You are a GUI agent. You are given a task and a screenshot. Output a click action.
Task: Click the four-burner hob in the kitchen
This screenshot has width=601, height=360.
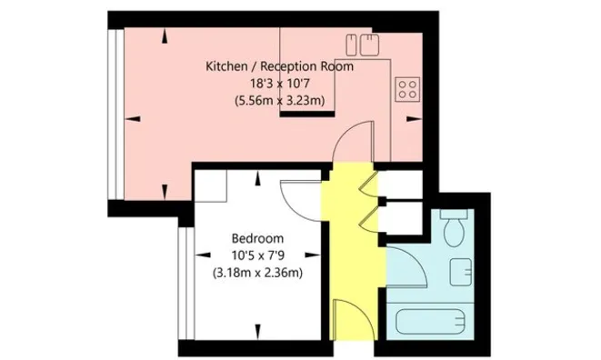tap(407, 89)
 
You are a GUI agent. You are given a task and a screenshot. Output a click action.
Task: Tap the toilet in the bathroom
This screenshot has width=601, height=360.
tap(455, 228)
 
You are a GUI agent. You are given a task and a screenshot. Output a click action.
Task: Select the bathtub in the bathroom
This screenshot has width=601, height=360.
tap(430, 322)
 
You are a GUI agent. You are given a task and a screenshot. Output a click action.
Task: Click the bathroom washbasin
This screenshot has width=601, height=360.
tap(461, 272)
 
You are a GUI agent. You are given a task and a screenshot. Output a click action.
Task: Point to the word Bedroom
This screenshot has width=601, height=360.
tap(257, 238)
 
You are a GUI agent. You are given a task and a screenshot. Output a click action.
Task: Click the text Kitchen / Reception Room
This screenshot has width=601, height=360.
tap(279, 66)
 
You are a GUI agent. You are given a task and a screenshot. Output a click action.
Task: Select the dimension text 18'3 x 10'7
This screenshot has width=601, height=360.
tap(279, 84)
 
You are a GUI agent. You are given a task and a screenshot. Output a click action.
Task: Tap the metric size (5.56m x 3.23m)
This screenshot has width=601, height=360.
tap(279, 100)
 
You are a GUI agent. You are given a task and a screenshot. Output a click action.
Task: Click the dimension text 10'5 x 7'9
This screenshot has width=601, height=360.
tap(257, 255)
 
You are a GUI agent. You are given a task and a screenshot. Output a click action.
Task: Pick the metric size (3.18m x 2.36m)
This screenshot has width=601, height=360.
tap(257, 273)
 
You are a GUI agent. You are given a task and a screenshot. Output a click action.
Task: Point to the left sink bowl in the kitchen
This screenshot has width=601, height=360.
tap(351, 45)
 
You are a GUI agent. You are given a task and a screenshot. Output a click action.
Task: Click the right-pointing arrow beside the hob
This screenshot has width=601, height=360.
tap(414, 119)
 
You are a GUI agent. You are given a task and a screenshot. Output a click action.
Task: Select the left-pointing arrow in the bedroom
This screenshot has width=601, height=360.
tap(203, 255)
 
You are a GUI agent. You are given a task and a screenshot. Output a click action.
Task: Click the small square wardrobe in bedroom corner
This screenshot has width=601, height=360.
tap(210, 185)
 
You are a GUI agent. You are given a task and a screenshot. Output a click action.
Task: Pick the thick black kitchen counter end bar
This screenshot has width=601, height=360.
tap(307, 114)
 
